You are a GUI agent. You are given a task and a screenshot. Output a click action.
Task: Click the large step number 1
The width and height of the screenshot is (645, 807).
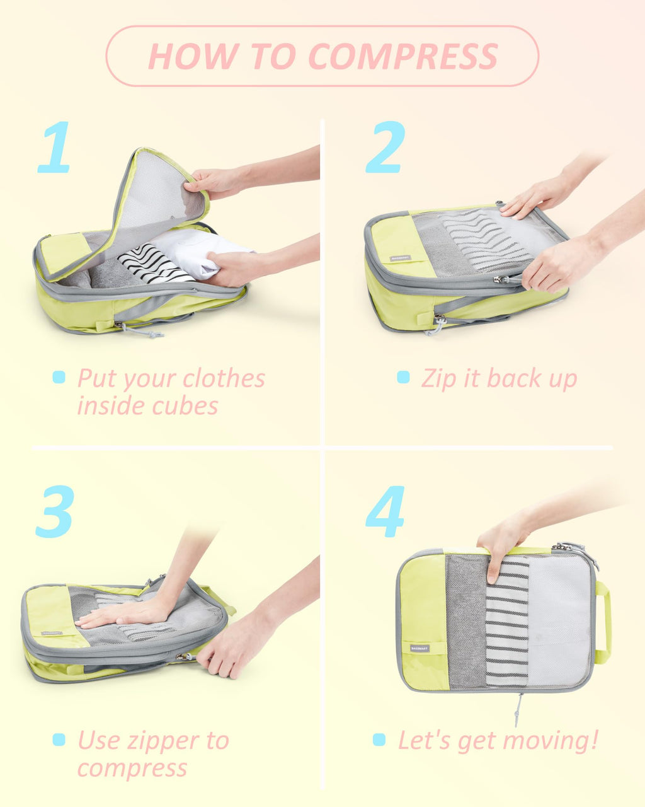click(54, 148)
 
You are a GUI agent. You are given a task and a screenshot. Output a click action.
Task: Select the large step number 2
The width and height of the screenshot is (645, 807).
click(385, 148)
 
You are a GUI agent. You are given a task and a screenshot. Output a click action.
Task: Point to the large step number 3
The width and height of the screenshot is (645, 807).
click(55, 511)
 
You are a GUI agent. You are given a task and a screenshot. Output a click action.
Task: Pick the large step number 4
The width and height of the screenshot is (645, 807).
click(385, 511)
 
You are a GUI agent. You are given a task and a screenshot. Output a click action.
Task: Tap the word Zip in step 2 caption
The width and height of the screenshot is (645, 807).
click(437, 379)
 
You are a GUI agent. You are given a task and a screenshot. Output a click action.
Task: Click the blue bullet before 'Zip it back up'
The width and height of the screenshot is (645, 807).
click(403, 377)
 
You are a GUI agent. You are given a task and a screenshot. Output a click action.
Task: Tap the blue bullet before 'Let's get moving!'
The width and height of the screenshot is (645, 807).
click(379, 740)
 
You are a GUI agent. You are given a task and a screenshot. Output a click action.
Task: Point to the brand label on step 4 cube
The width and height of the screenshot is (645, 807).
click(419, 648)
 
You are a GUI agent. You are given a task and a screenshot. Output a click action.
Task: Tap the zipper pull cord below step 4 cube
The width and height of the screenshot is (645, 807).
click(518, 709)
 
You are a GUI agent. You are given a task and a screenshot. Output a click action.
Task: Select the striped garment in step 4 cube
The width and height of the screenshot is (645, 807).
click(507, 624)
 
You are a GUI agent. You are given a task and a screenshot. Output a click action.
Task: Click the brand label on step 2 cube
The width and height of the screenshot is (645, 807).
click(399, 258)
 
